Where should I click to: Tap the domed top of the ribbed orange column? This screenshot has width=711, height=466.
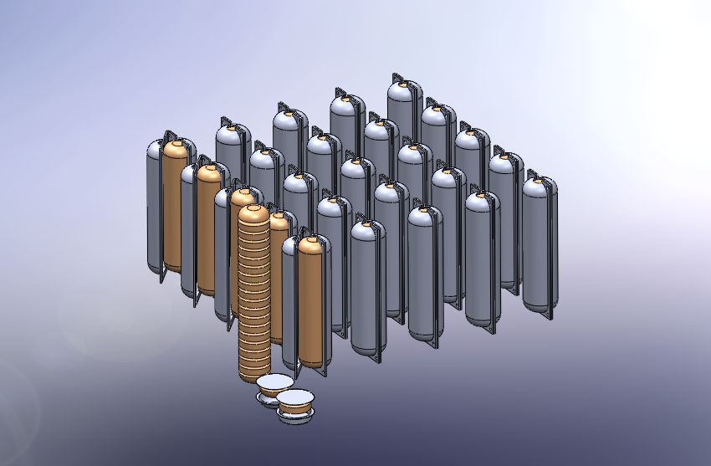(x=252, y=213)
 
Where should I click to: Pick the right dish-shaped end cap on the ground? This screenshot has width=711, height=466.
(x=295, y=404)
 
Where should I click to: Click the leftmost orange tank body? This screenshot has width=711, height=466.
(x=175, y=209)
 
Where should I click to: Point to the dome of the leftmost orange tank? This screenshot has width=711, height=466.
(x=175, y=149)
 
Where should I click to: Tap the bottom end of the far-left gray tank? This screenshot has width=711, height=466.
(x=155, y=269)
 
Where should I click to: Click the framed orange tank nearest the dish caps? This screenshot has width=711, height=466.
(x=309, y=301)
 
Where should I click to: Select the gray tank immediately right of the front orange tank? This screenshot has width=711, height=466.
(x=367, y=284)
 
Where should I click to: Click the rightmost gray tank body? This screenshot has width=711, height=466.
(x=537, y=243)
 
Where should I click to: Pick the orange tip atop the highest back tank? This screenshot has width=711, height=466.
(x=402, y=82)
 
